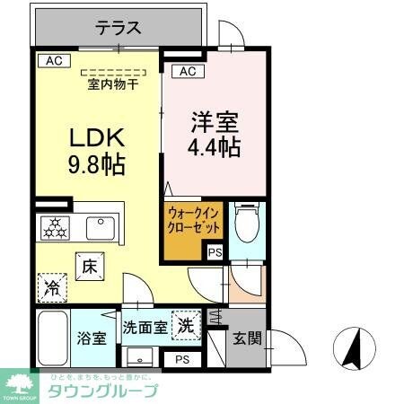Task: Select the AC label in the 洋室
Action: tap(186, 71)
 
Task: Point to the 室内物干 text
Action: tap(113, 86)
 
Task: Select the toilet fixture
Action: tap(245, 222)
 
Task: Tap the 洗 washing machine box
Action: tap(185, 324)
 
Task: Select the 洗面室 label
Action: tap(144, 328)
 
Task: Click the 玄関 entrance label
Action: tap(247, 338)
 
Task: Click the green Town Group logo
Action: tap(20, 385)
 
